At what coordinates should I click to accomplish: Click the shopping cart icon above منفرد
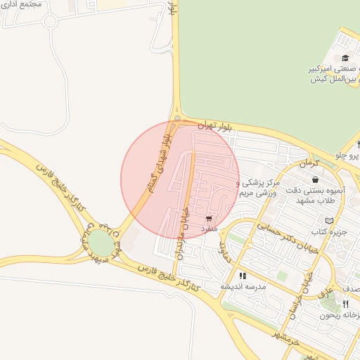point(209,219)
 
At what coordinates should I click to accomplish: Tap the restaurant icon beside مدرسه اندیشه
point(243,276)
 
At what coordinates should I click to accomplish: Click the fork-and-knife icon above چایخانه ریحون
point(345,304)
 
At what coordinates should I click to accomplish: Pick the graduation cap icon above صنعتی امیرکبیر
point(345,58)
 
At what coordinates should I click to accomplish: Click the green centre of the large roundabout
point(100,243)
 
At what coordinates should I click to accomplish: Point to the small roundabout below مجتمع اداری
point(49,21)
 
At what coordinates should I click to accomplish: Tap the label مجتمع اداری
point(22,4)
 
